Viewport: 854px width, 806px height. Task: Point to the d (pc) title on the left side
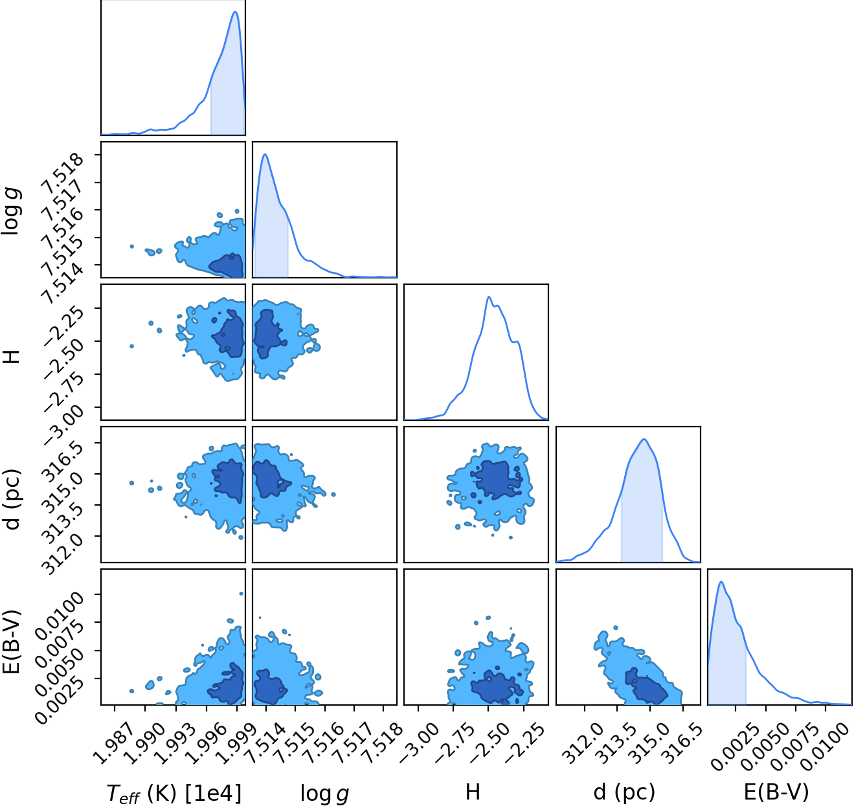pyautogui.click(x=12, y=499)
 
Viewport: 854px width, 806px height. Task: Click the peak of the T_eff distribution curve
pyautogui.click(x=235, y=12)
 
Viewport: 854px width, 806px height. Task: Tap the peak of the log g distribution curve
pyautogui.click(x=265, y=154)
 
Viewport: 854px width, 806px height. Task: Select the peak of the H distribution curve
pyautogui.click(x=489, y=297)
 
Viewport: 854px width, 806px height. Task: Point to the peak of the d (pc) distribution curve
pyautogui.click(x=644, y=439)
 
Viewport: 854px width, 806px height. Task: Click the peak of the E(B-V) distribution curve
pyautogui.click(x=721, y=581)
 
